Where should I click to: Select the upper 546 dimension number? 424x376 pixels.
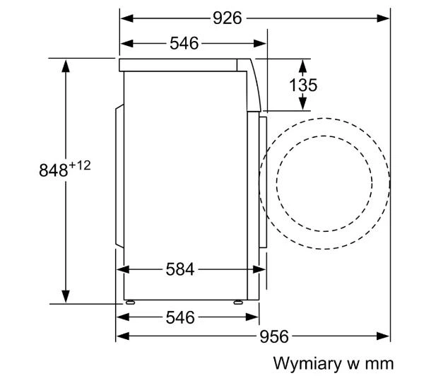click(x=184, y=44)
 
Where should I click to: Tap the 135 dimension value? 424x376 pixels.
click(x=303, y=85)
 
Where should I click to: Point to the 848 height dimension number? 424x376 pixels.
click(x=54, y=172)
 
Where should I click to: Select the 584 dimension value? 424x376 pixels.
click(x=180, y=269)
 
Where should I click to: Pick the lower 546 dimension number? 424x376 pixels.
click(x=180, y=317)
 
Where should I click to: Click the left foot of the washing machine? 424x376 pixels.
click(x=131, y=301)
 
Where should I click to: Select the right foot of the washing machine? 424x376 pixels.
click(x=237, y=301)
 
